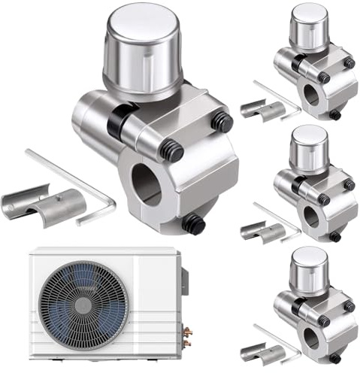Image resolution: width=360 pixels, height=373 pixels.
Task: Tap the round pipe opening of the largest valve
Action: (146, 183)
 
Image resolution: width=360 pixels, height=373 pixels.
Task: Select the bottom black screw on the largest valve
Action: (193, 223)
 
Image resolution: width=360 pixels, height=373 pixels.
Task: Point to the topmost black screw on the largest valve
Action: (220, 120)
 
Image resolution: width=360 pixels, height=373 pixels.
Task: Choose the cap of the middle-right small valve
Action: (308, 146)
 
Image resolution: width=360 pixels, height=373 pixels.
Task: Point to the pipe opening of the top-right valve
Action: (310, 94)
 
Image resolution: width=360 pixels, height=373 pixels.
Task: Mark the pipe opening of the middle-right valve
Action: (310, 216)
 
